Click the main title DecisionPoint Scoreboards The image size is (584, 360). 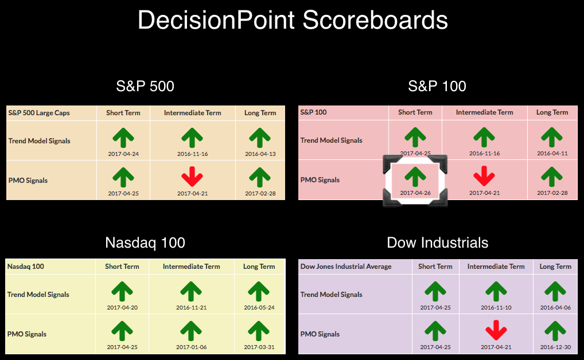pos(293,20)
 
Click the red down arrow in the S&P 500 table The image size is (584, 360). pos(192,177)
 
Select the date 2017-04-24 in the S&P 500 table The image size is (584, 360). pos(123,154)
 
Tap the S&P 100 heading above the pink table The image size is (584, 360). pos(437,86)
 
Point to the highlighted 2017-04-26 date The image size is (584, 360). pos(415,193)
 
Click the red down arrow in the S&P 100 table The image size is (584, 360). pos(484,176)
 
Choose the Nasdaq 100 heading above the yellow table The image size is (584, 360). pos(145,242)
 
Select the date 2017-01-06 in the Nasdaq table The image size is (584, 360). pos(192,347)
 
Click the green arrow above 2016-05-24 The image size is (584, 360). pos(259,292)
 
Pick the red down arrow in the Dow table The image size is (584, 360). pos(496,330)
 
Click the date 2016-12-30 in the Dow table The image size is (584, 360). pos(555,347)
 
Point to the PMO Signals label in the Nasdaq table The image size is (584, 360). pos(27,334)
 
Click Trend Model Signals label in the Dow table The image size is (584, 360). pos(331,295)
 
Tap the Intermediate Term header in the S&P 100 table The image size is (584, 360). pos(484,112)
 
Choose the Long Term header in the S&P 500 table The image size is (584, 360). pos(260,113)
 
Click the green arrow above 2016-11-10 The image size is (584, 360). pos(496,292)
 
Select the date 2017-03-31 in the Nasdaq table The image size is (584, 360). pos(259,347)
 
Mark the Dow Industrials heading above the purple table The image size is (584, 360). pos(437,242)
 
